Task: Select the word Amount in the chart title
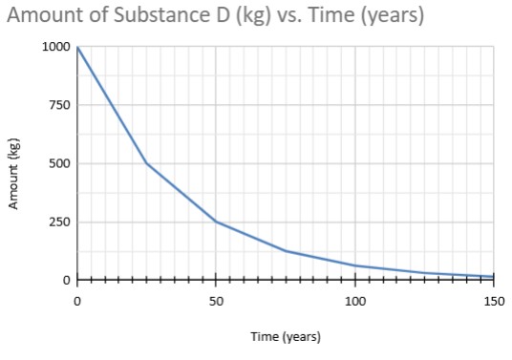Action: tap(47, 17)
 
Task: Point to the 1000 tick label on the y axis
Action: tap(56, 47)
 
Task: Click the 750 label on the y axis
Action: tap(60, 105)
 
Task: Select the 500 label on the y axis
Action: tap(60, 163)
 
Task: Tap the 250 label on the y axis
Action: tap(60, 222)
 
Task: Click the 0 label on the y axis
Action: tap(67, 280)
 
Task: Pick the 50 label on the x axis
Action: tap(216, 302)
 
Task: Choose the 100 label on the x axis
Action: tap(355, 302)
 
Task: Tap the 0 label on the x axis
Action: tap(77, 302)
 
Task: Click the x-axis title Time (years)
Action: tap(286, 337)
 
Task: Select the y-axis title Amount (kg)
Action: tap(14, 174)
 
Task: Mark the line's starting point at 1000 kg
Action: tap(77, 47)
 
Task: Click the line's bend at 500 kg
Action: tap(146, 163)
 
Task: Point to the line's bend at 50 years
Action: tap(216, 222)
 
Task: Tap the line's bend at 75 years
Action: tap(286, 251)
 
